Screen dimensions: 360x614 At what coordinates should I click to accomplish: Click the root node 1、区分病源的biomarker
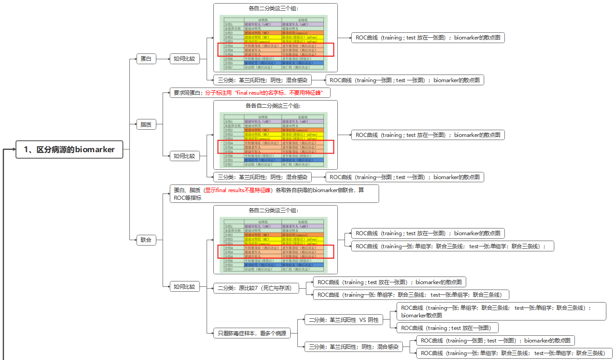[x=69, y=149]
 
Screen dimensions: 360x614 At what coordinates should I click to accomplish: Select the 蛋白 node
[x=146, y=59]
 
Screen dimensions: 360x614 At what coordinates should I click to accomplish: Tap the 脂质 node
[x=146, y=125]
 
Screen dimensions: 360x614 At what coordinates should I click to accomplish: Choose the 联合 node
[x=146, y=240]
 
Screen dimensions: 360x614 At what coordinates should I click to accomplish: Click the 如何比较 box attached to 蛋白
[x=185, y=59]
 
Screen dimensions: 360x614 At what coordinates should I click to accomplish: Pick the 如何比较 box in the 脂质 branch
[x=185, y=156]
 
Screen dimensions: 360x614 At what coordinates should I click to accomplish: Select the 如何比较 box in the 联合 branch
[x=185, y=286]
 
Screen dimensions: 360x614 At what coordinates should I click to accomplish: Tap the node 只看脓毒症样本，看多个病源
[x=252, y=334]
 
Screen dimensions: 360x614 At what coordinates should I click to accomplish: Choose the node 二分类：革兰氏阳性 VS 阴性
[x=344, y=320]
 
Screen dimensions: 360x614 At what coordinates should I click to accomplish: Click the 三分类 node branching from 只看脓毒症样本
[x=354, y=347]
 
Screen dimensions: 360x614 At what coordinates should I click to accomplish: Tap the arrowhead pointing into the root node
[x=13, y=149]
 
